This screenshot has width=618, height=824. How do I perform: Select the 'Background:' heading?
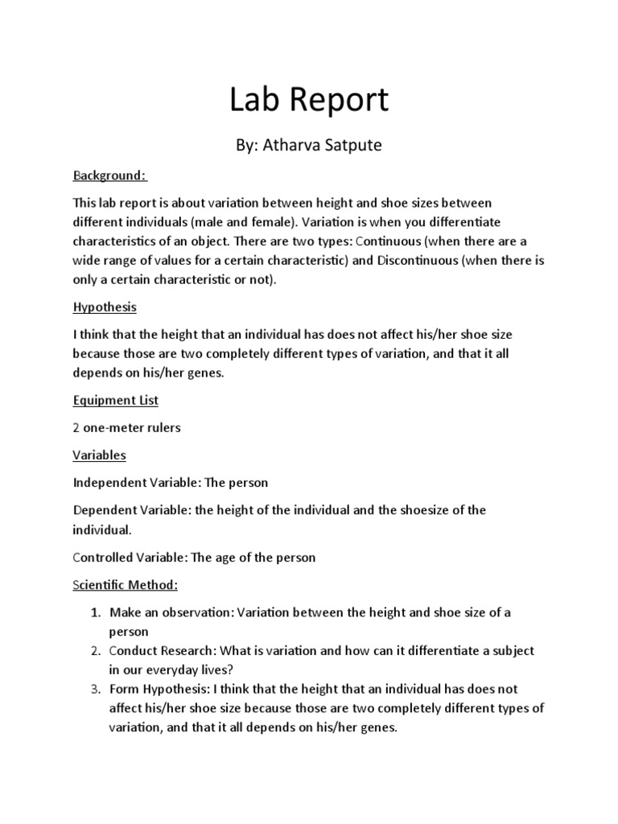click(x=109, y=175)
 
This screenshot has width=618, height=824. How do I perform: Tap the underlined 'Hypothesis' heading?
click(x=105, y=307)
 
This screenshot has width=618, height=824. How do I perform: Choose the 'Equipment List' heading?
click(x=116, y=400)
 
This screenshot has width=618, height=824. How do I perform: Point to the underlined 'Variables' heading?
click(x=100, y=455)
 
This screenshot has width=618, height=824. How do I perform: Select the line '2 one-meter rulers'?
click(x=127, y=428)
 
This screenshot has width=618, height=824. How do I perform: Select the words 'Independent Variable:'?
click(x=137, y=484)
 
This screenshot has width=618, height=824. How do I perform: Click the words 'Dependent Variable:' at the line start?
click(x=134, y=511)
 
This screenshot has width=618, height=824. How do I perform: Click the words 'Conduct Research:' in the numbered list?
click(x=163, y=650)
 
